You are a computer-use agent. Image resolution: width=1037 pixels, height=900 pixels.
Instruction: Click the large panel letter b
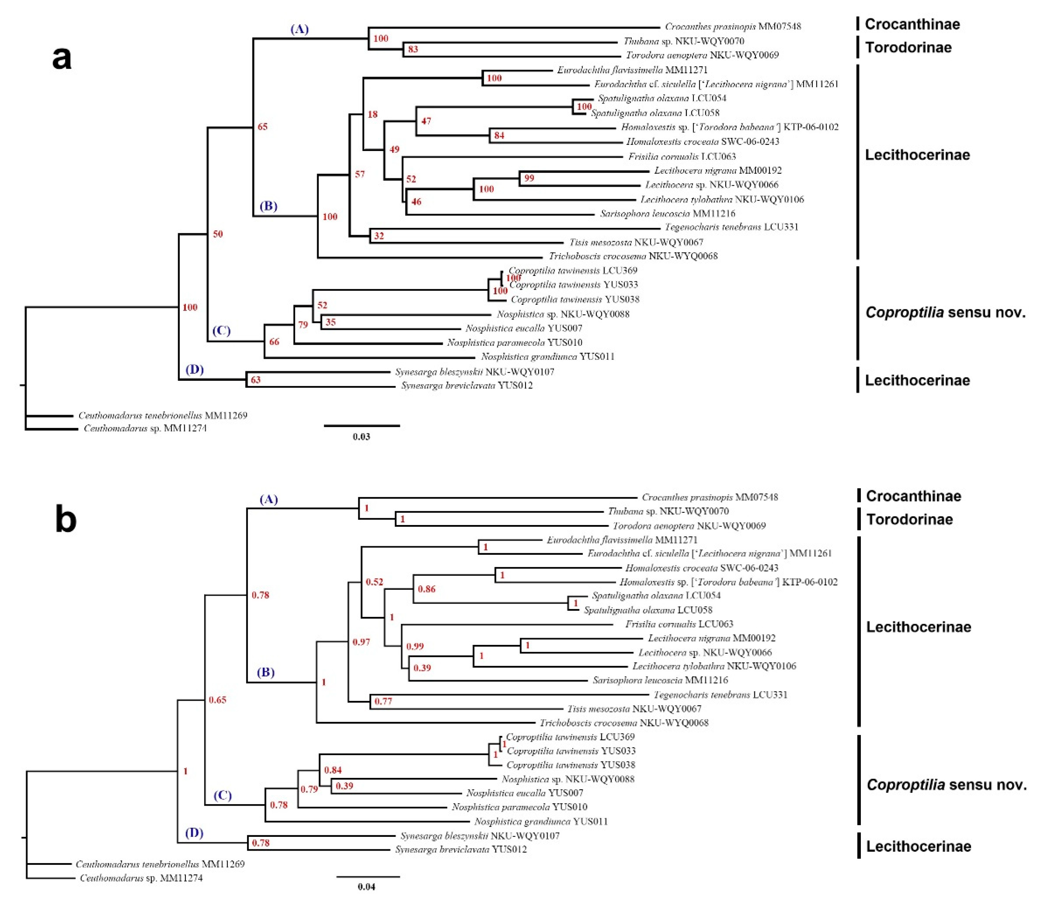65,521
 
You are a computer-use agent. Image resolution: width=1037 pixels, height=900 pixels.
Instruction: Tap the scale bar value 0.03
361,437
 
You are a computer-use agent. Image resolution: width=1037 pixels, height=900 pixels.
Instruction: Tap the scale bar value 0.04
366,887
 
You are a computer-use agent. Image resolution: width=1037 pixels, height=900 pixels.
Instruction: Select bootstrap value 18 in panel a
372,114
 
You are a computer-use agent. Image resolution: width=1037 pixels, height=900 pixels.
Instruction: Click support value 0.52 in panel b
374,582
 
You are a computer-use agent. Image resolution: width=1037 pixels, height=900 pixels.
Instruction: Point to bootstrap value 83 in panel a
413,49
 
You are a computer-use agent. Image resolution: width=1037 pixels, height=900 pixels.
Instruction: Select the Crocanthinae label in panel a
912,24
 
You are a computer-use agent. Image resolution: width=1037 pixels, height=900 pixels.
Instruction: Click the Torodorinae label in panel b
909,519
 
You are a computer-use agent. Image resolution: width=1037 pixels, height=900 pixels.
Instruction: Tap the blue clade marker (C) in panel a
221,330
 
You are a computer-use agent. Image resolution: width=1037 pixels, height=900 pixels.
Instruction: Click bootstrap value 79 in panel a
303,325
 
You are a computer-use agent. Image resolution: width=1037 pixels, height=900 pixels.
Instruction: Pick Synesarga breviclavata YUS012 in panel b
461,849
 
